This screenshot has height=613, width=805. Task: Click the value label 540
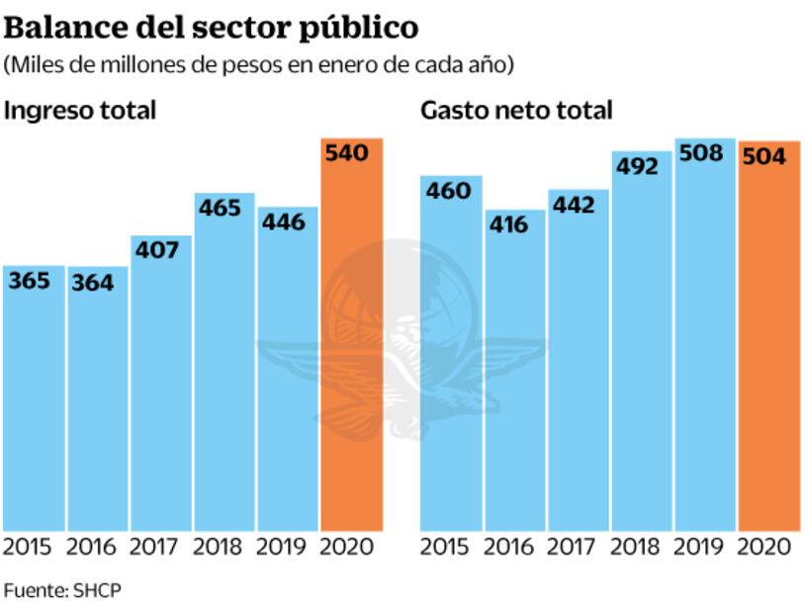351,153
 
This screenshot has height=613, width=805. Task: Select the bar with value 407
160,386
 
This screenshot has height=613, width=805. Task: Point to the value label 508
704,154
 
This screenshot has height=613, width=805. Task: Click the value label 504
768,157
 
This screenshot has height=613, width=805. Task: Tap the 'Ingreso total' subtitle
81,110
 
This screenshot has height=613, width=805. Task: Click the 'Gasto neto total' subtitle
516,110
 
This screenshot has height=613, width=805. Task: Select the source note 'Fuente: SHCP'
62,590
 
